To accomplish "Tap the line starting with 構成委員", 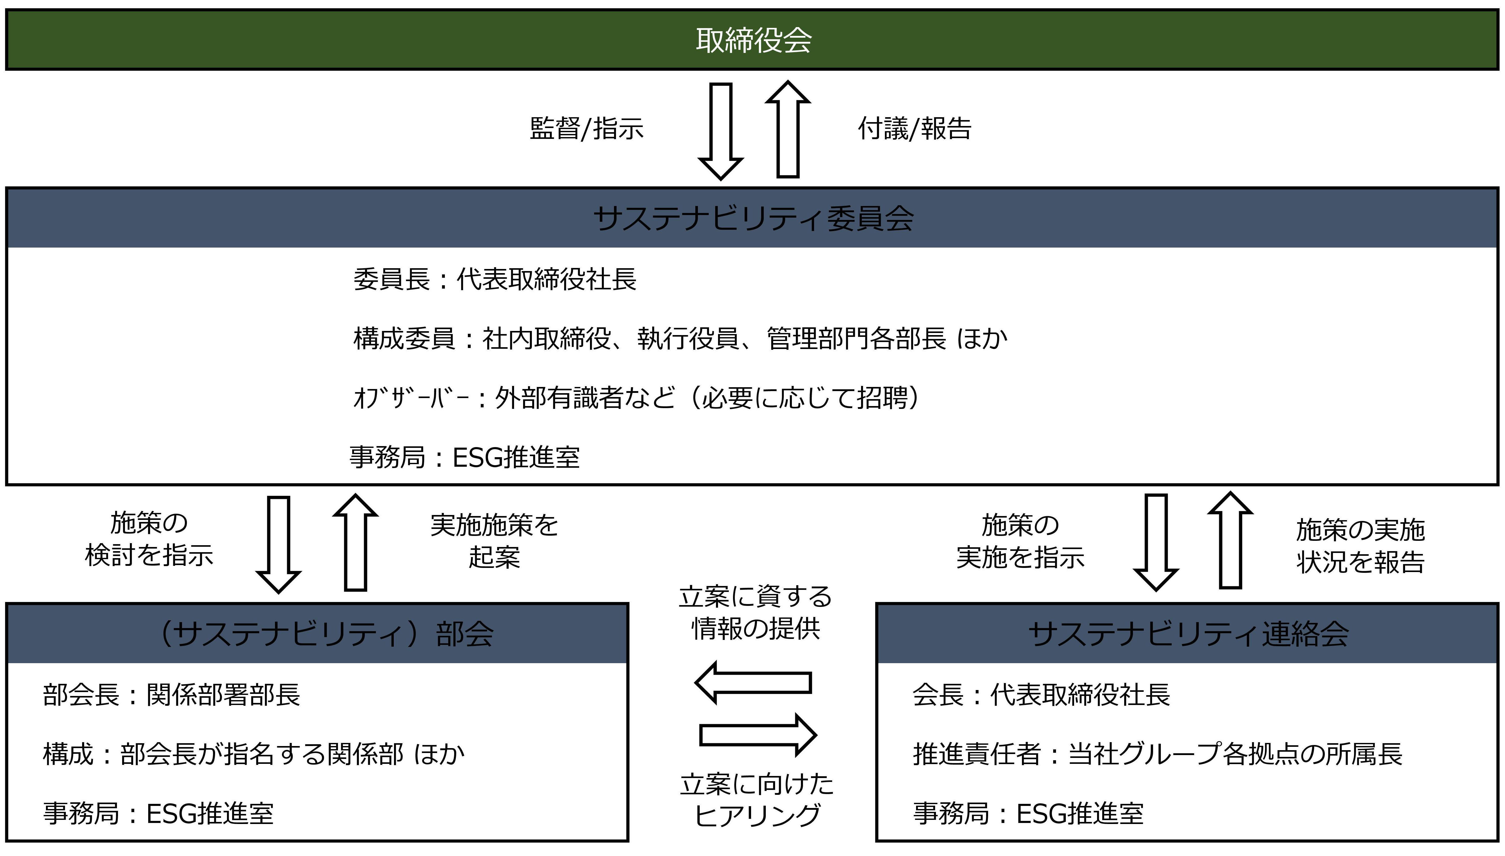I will pos(680,339).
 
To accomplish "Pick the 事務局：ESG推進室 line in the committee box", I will pos(464,457).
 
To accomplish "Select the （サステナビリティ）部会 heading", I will pos(326,634).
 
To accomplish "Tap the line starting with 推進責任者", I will pos(1157,754).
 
